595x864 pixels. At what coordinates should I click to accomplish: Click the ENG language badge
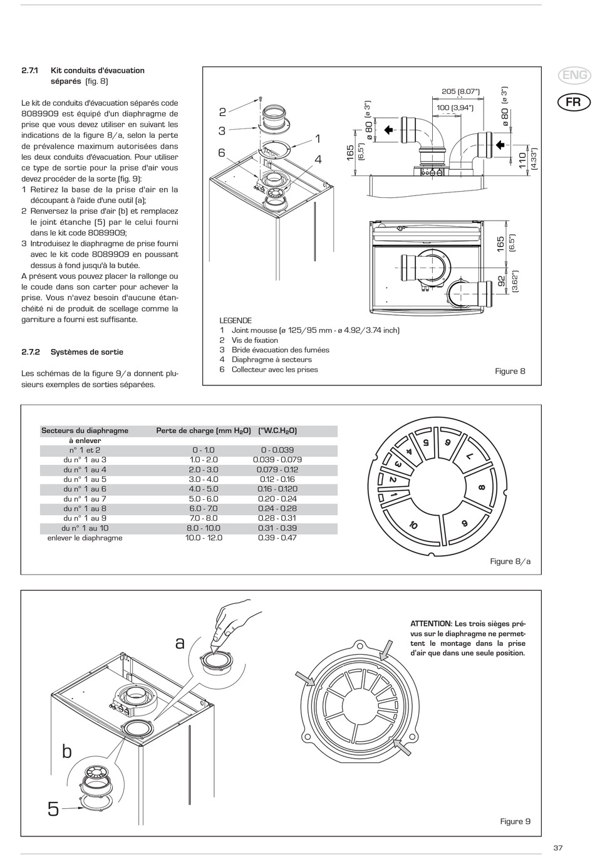pos(574,76)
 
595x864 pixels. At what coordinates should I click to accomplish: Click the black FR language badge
pos(574,101)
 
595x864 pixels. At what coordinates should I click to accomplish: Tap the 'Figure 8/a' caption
pos(510,561)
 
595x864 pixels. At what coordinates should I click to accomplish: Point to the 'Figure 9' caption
pos(515,821)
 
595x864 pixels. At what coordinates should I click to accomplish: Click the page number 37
pos(558,848)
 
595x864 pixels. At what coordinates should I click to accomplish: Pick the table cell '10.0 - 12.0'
pos(204,538)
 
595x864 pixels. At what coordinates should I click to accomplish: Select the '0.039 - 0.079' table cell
pos(277,459)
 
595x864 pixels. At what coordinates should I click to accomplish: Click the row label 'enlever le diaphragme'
pos(85,538)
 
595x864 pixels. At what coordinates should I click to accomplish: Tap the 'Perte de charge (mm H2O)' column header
pos(204,430)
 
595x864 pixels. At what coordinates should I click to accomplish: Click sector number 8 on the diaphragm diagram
pos(481,487)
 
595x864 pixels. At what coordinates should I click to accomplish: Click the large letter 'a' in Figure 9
pos(180,643)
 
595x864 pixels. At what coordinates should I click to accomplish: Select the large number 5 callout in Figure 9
pos(53,809)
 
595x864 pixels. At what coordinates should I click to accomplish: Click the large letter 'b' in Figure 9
pos(67,751)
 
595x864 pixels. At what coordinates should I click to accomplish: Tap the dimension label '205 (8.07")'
pos(460,91)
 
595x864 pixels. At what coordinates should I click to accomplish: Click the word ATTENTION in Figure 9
pos(430,623)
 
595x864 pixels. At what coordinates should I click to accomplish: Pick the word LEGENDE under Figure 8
pos(235,320)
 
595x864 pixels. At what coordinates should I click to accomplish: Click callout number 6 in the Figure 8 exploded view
pos(222,153)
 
